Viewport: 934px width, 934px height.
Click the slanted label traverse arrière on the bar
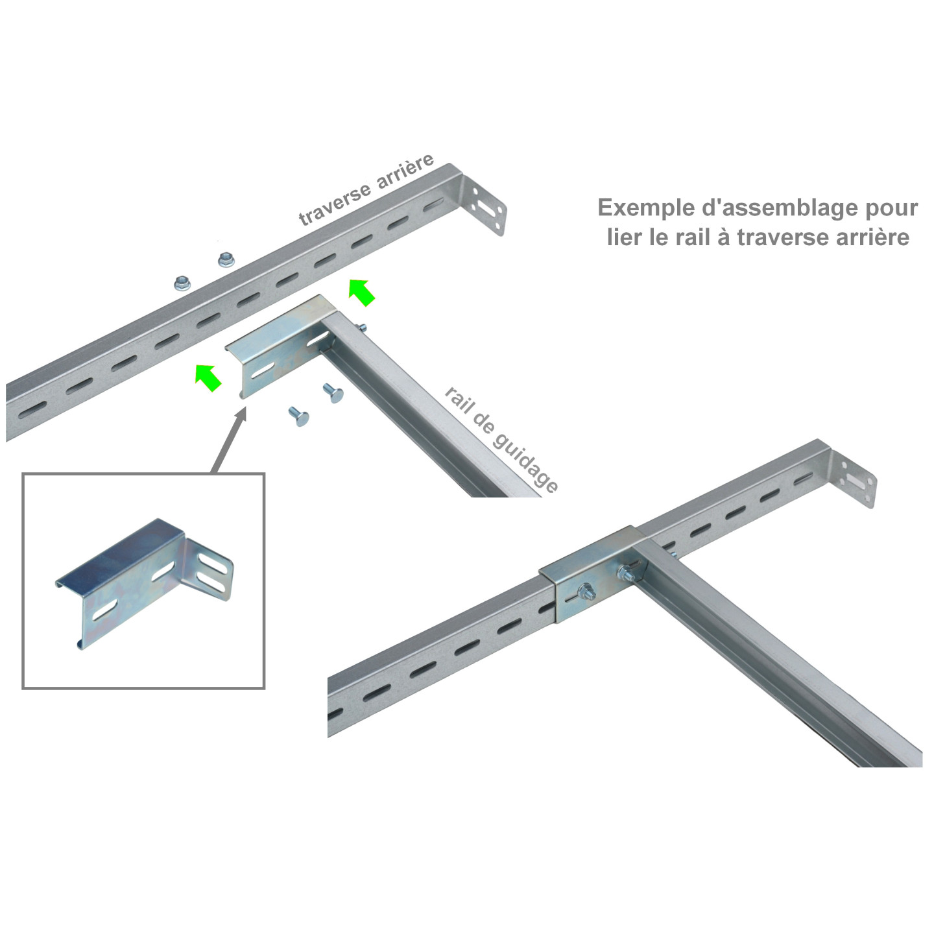[x=366, y=190]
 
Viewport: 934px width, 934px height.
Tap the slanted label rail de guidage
[x=501, y=439]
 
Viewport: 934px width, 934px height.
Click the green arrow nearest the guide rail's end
[x=362, y=291]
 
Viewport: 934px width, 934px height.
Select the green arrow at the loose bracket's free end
[x=208, y=377]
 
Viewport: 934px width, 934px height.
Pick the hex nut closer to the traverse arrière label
[x=226, y=260]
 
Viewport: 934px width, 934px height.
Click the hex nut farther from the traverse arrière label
[x=182, y=283]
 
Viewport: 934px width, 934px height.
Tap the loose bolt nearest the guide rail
[x=333, y=392]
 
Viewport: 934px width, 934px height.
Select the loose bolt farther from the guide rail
[x=298, y=416]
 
